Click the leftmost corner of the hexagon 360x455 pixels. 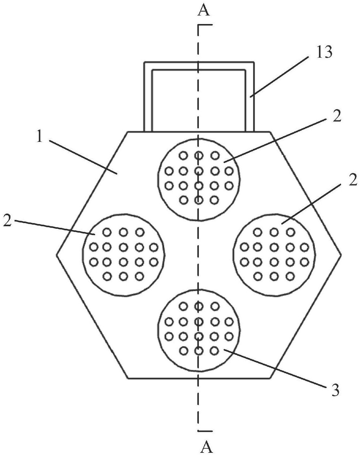pos(57,255)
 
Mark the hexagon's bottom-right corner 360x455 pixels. pos(271,378)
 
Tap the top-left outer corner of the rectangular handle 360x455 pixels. pos(144,62)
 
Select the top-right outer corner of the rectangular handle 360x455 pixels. pos(254,62)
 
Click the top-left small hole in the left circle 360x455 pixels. pos(107,232)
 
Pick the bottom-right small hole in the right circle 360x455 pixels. pos(290,276)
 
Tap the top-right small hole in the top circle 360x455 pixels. pos(215,156)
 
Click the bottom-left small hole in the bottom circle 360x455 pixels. pos(184,351)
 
